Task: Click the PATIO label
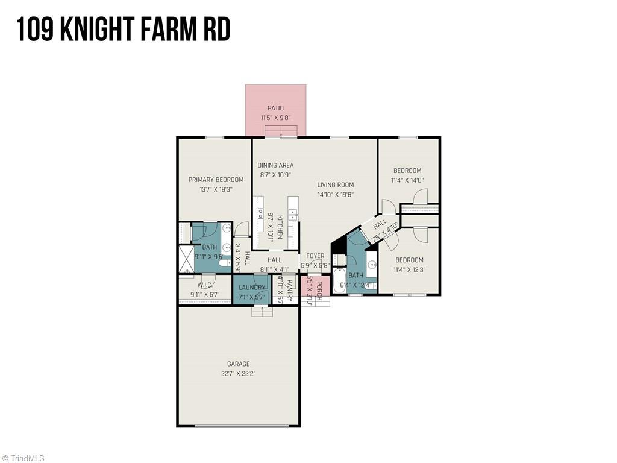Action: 275,108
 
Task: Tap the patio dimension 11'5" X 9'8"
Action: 275,118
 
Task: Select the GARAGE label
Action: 238,364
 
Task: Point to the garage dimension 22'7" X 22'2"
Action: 238,373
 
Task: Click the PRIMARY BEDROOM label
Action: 216,180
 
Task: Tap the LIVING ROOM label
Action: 336,185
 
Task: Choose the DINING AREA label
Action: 275,165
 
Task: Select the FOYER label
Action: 315,256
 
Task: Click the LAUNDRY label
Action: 252,287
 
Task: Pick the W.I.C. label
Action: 204,285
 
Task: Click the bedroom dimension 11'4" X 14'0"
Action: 407,180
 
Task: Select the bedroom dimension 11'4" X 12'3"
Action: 409,269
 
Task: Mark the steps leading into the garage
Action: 262,311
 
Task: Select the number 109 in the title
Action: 37,28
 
